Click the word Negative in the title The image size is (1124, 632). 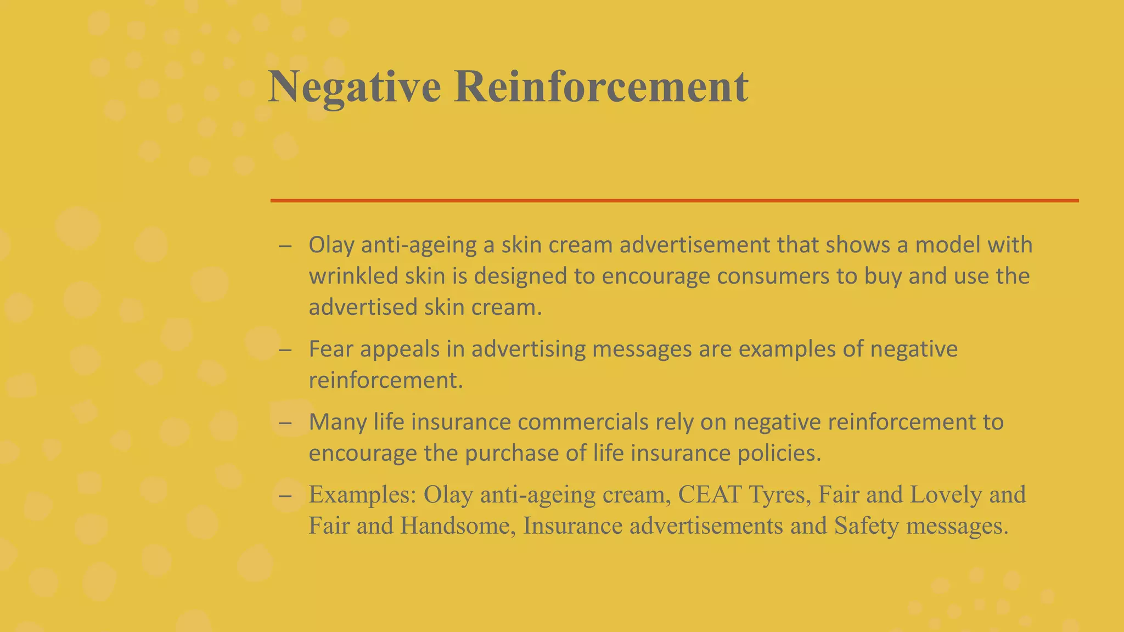(x=354, y=87)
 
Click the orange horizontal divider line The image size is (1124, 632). (x=674, y=201)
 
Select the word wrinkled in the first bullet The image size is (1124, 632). (x=353, y=276)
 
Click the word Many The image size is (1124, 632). (x=338, y=422)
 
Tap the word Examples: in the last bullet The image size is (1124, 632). (x=362, y=495)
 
